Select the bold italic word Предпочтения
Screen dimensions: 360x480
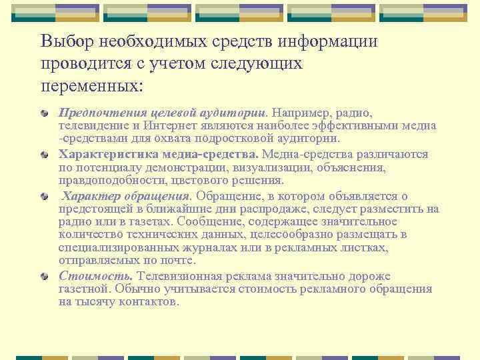pos(98,112)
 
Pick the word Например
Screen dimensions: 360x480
pos(306,112)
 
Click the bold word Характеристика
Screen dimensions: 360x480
pos(102,154)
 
